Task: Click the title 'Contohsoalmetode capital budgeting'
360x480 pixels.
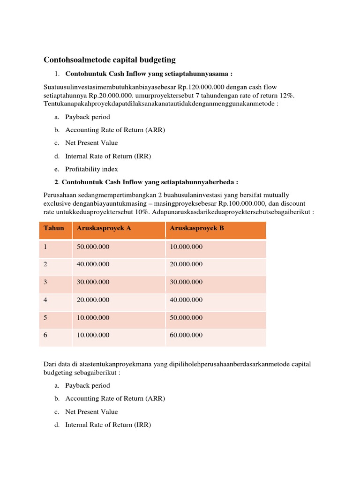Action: click(109, 60)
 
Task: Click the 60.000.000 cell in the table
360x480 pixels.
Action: click(186, 335)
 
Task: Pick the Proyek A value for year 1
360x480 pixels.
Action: click(93, 247)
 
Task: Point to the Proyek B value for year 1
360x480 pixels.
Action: click(186, 247)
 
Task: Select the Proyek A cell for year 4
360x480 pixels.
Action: click(93, 300)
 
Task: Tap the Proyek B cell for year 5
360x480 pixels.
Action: click(186, 318)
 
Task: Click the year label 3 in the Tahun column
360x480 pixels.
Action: click(45, 282)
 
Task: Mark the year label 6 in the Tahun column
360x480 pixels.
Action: click(45, 335)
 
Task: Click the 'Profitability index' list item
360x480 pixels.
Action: click(91, 169)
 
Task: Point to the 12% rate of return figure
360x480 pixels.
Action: click(287, 95)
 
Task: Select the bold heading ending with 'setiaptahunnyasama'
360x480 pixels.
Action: click(149, 74)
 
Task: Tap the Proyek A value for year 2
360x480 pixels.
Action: click(93, 264)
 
